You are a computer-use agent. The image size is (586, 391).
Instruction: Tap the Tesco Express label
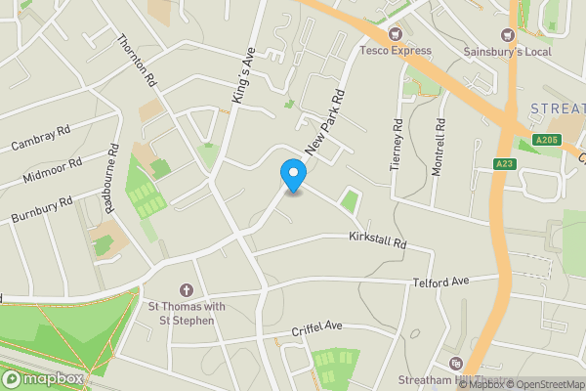coord(396,50)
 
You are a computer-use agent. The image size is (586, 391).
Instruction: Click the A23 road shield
coord(504,163)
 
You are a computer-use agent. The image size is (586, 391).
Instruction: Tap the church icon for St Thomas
coord(187,290)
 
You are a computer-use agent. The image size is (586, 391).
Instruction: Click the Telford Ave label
coord(441,281)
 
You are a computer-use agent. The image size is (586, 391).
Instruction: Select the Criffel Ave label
coord(317,326)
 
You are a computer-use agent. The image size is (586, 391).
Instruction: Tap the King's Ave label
coord(242,75)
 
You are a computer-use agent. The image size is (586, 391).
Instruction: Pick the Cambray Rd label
coord(41,138)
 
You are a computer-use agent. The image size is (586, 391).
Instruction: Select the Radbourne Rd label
coord(112,178)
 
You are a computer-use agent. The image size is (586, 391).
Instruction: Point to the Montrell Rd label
coord(438,147)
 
